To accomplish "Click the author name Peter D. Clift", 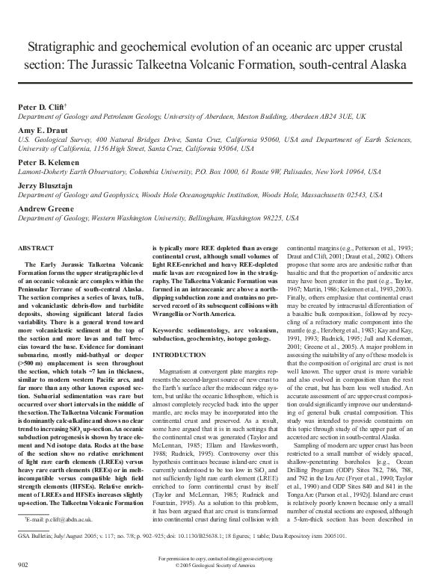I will (x=46, y=108).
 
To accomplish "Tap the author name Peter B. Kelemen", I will (x=51, y=161).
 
